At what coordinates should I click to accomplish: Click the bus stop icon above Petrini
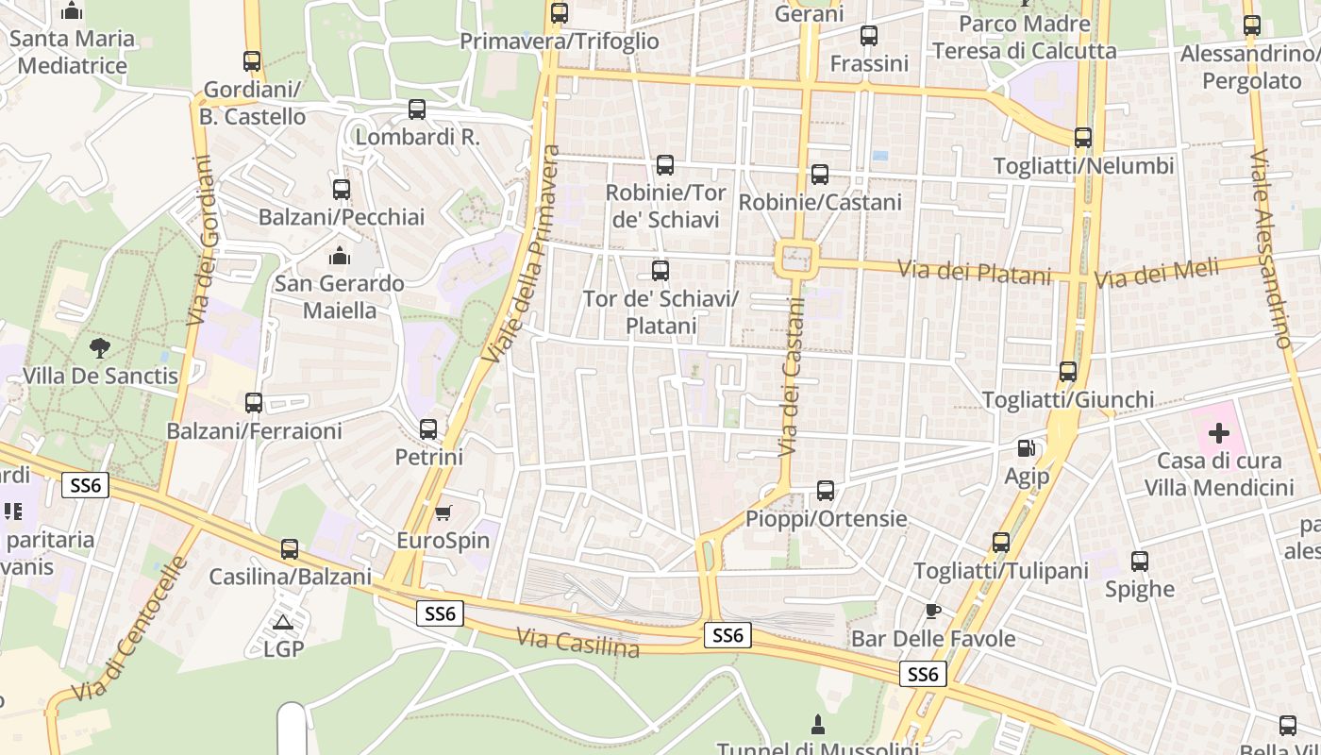(x=428, y=429)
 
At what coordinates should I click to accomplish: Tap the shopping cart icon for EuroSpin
(x=443, y=512)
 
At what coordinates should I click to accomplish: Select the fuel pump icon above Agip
(x=1027, y=448)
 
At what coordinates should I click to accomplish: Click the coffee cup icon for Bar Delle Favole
(x=932, y=611)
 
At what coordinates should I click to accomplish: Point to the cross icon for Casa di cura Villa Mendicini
(x=1219, y=433)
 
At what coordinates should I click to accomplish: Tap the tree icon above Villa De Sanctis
(x=100, y=348)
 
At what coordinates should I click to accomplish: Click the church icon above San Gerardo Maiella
(x=339, y=256)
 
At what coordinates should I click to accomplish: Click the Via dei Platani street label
(x=974, y=273)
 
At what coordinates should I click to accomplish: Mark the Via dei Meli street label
(x=1156, y=275)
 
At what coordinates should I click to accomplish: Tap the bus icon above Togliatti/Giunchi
(x=1068, y=372)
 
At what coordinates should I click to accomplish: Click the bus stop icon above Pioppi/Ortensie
(x=826, y=491)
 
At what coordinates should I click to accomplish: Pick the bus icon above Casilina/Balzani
(x=290, y=548)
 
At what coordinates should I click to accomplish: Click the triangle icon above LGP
(x=282, y=622)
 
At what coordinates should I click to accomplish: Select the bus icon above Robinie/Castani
(x=820, y=175)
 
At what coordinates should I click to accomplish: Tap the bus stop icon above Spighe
(x=1140, y=562)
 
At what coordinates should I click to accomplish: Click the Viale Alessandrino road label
(x=1269, y=248)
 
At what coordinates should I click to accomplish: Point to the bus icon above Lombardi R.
(x=417, y=109)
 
